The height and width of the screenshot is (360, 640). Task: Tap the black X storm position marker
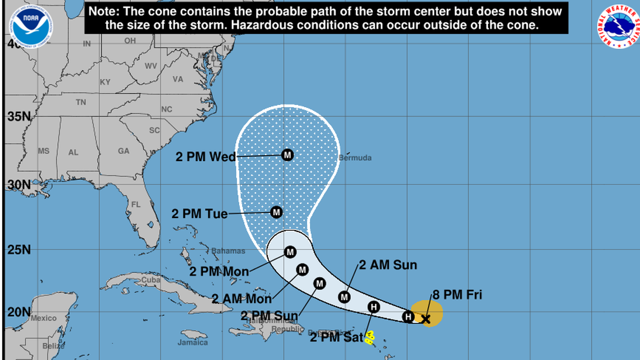(x=426, y=319)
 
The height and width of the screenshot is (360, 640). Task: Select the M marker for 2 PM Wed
(x=287, y=154)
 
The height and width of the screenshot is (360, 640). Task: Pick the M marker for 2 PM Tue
(x=276, y=212)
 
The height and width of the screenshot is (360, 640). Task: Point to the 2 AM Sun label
(x=388, y=265)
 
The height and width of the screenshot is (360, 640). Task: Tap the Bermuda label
(x=355, y=158)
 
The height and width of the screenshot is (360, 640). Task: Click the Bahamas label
(x=228, y=251)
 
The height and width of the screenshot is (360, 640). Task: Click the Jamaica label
(x=193, y=342)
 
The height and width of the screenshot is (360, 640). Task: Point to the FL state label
(x=135, y=204)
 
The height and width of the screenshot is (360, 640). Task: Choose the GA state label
(x=124, y=151)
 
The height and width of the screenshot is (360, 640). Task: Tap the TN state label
(x=81, y=102)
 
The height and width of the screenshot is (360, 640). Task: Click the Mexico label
(x=43, y=318)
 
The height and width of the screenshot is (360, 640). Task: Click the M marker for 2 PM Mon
(x=290, y=252)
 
